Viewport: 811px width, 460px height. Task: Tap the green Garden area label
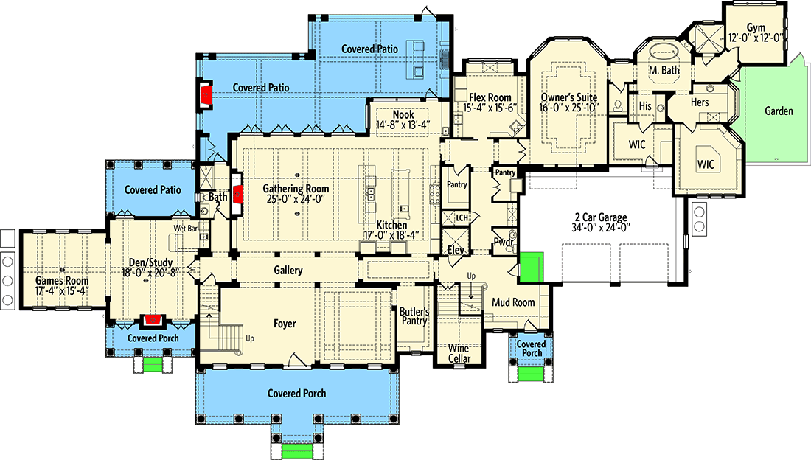(x=779, y=111)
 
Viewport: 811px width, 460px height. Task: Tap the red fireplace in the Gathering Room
(x=239, y=194)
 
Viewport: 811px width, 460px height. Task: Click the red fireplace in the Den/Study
(x=153, y=321)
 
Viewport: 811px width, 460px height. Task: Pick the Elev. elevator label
(x=454, y=250)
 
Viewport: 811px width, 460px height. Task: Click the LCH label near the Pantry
(x=462, y=218)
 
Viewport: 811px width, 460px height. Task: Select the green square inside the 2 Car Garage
(x=532, y=267)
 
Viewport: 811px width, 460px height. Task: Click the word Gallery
(x=288, y=271)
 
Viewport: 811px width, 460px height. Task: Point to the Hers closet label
(x=699, y=102)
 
